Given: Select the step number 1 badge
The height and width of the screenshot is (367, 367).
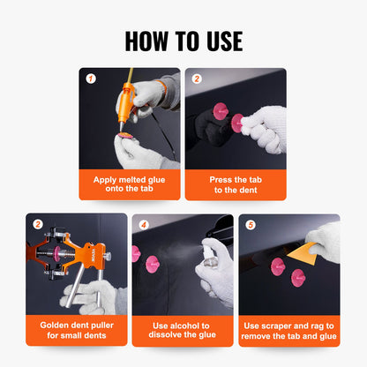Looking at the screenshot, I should (89, 79).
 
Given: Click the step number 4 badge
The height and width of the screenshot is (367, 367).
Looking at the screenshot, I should (142, 225).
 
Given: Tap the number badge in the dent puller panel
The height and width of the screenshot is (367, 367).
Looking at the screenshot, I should (36, 225).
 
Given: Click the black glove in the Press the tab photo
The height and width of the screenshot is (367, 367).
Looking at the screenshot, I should (211, 128).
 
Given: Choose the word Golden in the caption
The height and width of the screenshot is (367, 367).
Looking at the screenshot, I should (56, 325).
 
